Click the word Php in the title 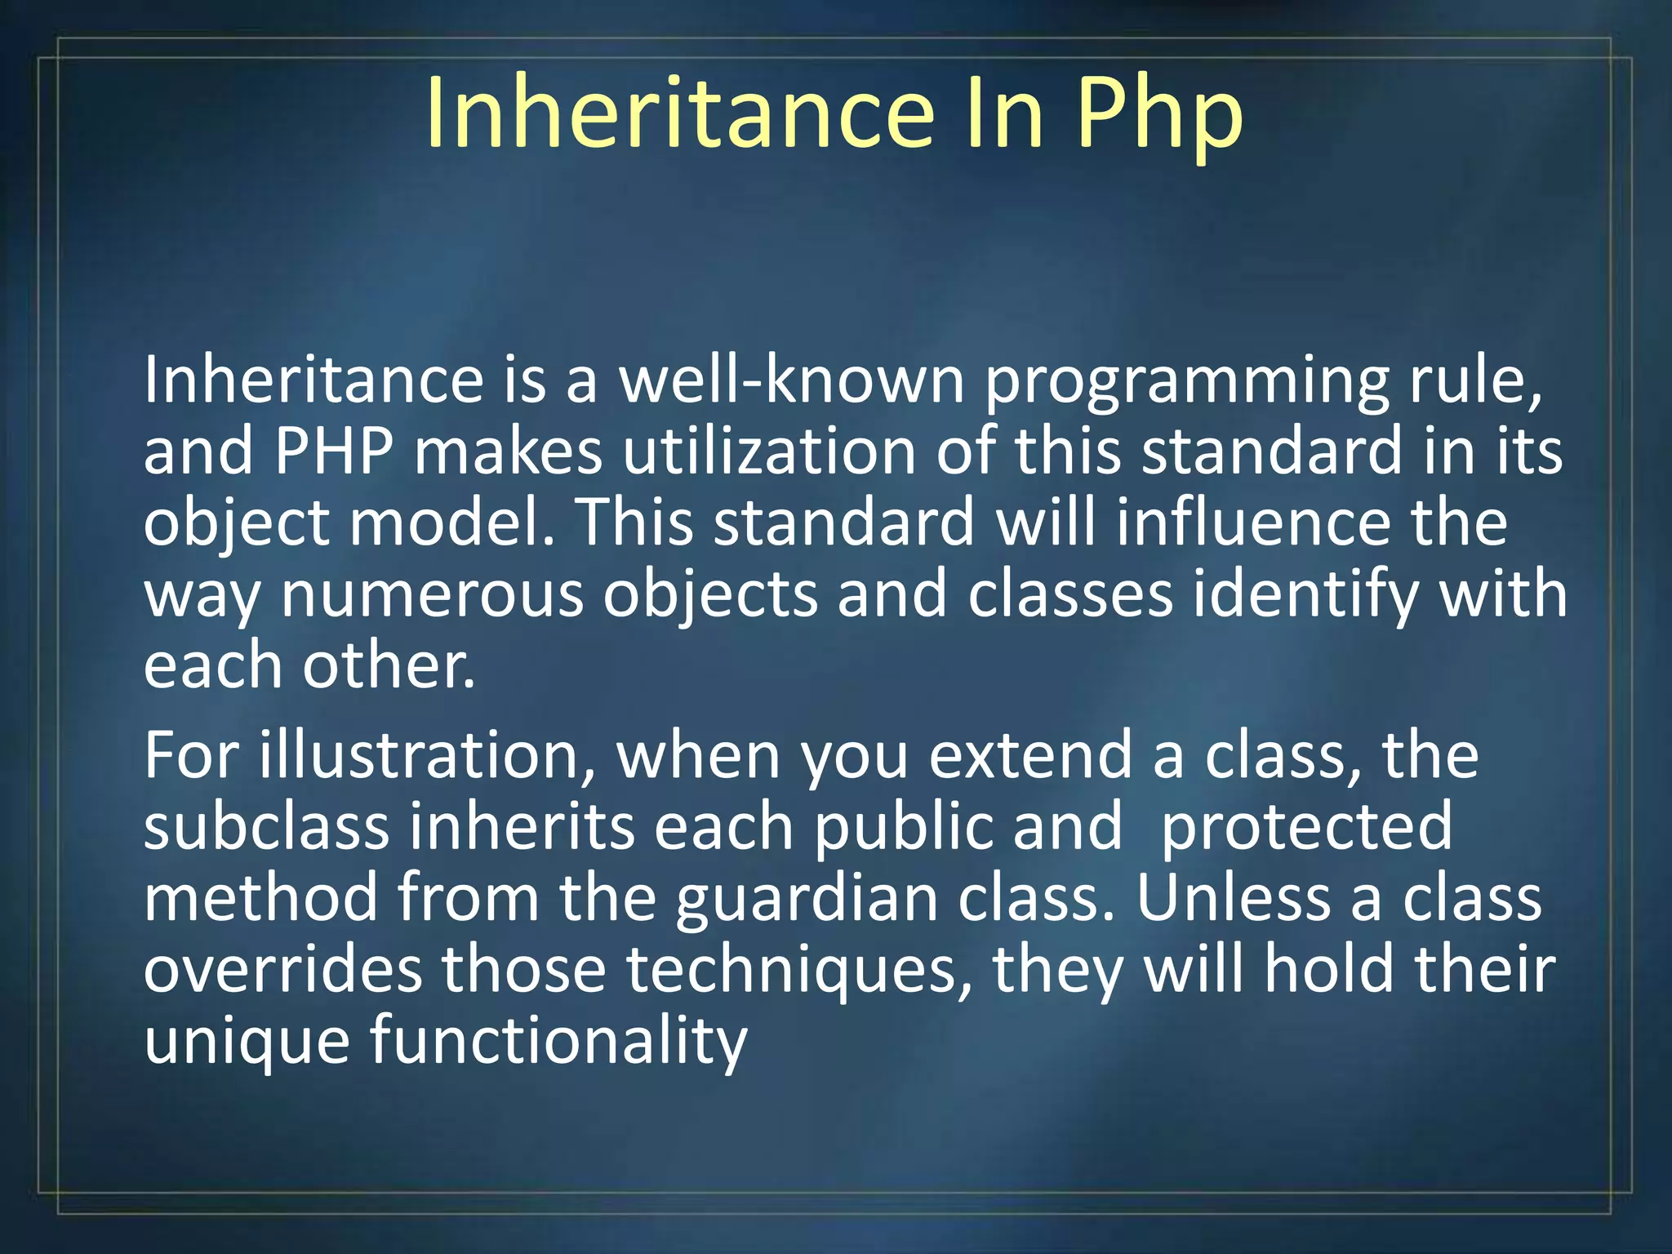(1160, 116)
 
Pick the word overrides (282, 970)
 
